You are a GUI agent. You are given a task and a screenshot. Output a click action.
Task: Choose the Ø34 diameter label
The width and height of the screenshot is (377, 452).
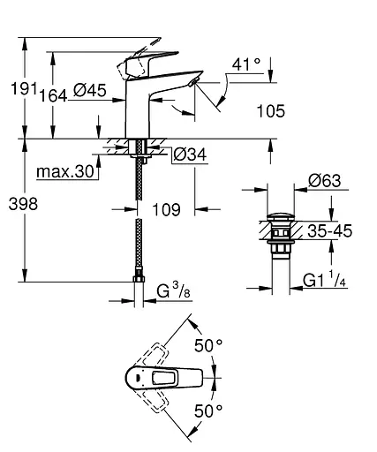coord(190,154)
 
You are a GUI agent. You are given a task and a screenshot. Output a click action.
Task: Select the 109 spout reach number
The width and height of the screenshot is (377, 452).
coord(165,209)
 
